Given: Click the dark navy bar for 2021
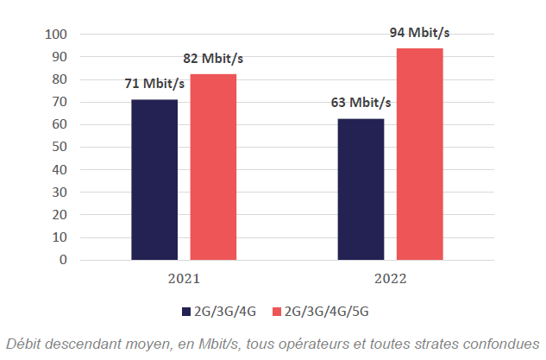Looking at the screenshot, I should point(154,180).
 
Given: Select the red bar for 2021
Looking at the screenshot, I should point(213,167).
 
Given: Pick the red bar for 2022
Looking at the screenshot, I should point(419,154).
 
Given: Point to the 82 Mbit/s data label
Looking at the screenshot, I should point(213,59).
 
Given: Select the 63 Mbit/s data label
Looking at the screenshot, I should point(361,103).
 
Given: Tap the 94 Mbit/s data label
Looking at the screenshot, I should point(420,33).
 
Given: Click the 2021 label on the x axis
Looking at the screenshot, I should point(184,280).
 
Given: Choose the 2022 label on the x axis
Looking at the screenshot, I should point(390,280).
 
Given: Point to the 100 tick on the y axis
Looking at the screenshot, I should point(56,35).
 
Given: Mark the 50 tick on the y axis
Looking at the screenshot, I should point(60,148).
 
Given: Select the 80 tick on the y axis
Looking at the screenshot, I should point(60,79).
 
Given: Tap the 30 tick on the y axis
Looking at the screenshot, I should point(60,193).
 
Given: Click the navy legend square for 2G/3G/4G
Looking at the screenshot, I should point(185,311).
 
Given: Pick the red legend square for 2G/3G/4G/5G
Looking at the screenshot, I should point(277,311).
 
